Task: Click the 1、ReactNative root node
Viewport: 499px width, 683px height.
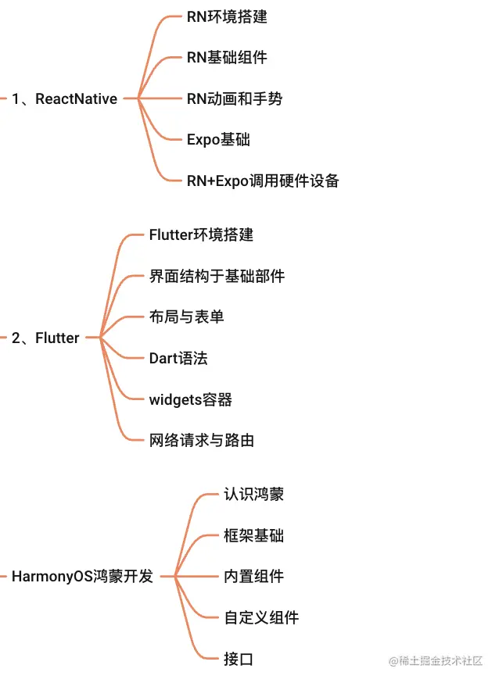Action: (64, 99)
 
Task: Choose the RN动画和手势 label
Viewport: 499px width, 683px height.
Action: (235, 99)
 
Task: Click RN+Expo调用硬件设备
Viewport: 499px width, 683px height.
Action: (263, 181)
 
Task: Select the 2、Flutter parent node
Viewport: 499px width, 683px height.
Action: (45, 338)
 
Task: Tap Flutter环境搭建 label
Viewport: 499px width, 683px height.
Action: (201, 234)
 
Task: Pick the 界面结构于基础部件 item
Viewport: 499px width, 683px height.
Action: (217, 276)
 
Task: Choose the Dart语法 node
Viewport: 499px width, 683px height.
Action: (178, 359)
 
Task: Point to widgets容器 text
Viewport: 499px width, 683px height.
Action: (190, 400)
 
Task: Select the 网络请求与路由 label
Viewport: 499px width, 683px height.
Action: (201, 441)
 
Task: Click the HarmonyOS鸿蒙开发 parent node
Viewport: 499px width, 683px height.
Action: (82, 578)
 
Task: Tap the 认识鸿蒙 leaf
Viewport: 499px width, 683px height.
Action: (253, 495)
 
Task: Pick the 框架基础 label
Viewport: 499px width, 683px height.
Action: (253, 536)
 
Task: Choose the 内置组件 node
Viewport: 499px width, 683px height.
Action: (253, 578)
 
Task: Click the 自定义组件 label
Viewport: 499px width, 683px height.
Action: (261, 618)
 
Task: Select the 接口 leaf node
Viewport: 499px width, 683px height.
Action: (239, 660)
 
